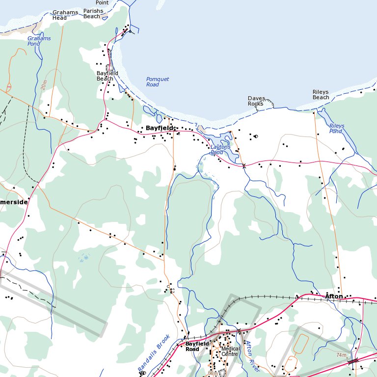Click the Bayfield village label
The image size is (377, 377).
coord(159,128)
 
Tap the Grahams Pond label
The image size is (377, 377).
coord(39,41)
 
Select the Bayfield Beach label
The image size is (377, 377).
coord(107,76)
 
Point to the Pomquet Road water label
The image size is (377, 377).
coord(158,81)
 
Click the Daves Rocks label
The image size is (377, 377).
coord(256,101)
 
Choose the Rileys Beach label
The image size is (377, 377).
coord(321,94)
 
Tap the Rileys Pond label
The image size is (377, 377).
coord(336,129)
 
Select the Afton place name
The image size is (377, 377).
coord(334,296)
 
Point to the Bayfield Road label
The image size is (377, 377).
coord(192,347)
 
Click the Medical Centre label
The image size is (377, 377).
coord(230,351)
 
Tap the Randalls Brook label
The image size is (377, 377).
coord(153,353)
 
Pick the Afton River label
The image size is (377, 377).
coord(251,355)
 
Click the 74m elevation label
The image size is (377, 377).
coord(342,355)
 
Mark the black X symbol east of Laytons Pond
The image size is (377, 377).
coord(244,166)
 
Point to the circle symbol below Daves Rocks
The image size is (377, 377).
coord(256,136)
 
